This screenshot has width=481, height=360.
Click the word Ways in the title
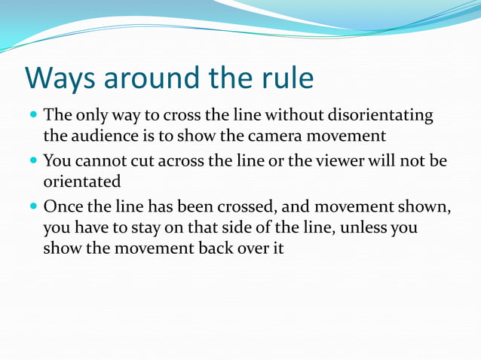[x=63, y=78]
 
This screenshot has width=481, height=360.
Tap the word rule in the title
[x=286, y=78]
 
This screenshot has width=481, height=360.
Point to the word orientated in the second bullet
[x=81, y=182]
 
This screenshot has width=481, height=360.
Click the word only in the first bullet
[x=91, y=115]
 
